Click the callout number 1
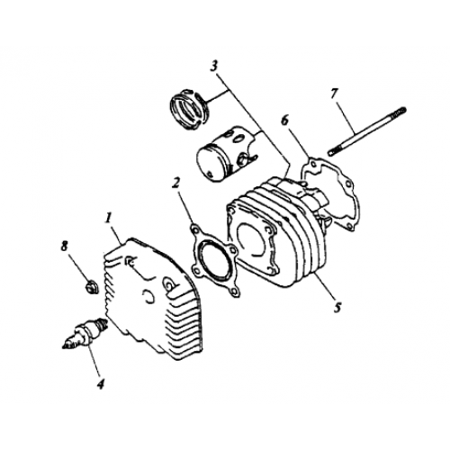coord(108,217)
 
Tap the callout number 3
coord(213,65)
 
